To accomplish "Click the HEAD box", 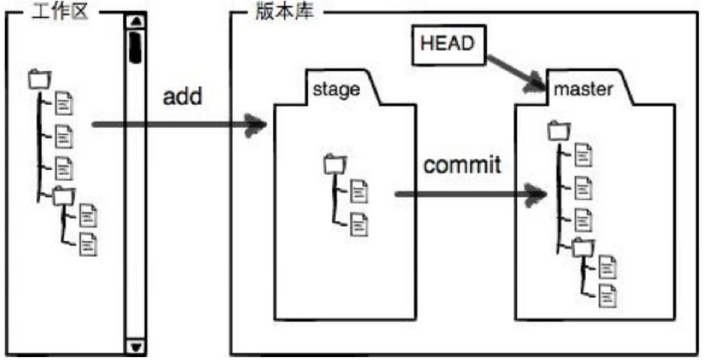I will [x=448, y=44].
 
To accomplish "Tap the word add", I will [x=182, y=97].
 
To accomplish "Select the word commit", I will [x=461, y=165].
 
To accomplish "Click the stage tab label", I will [x=336, y=88].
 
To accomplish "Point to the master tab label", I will [x=583, y=89].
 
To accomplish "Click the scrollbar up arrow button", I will [x=135, y=21].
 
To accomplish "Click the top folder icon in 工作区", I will [x=38, y=79].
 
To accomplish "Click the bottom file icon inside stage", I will [x=358, y=224].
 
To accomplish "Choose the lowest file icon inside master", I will [x=607, y=296].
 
